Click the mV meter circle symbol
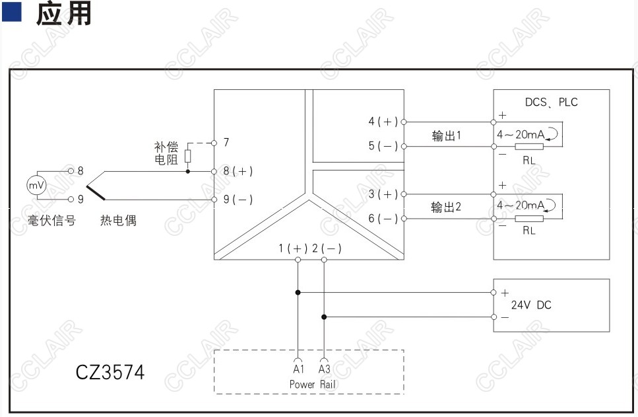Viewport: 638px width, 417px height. tap(37, 186)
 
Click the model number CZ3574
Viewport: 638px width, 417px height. tap(110, 372)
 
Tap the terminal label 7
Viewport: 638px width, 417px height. tap(226, 142)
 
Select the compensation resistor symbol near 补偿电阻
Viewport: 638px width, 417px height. tap(187, 156)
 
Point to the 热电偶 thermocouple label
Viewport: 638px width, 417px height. tap(118, 221)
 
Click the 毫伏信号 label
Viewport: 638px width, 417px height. tap(51, 221)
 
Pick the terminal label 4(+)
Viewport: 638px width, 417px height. tap(383, 122)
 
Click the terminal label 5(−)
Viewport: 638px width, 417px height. tap(383, 146)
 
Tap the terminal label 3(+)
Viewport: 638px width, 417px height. tap(383, 194)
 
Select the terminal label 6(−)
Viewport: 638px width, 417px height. tap(383, 219)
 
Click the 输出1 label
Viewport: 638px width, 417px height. tap(447, 135)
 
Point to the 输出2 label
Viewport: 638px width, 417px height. tap(447, 207)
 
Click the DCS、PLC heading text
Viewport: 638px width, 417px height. tap(552, 102)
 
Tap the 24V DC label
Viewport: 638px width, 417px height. tap(531, 305)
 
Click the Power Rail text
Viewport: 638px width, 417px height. tap(313, 384)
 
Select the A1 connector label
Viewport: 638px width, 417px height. tap(299, 369)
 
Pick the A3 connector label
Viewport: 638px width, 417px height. tap(325, 369)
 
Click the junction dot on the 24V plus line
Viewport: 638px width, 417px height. tap(298, 292)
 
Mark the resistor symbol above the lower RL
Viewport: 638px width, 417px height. tap(529, 219)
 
